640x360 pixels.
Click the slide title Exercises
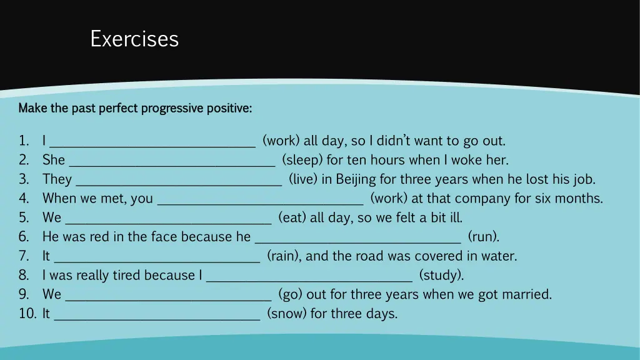click(134, 39)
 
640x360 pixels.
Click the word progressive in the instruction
click(172, 108)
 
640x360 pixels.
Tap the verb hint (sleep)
click(302, 160)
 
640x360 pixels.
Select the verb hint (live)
click(304, 179)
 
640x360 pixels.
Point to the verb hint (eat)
click(292, 217)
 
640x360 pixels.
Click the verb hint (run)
click(483, 237)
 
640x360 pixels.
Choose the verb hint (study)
click(441, 275)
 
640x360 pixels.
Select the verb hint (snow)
click(286, 314)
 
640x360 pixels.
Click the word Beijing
click(356, 179)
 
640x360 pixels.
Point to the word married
click(526, 294)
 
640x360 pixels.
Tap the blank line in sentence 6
click(358, 241)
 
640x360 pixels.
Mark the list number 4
click(24, 199)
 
